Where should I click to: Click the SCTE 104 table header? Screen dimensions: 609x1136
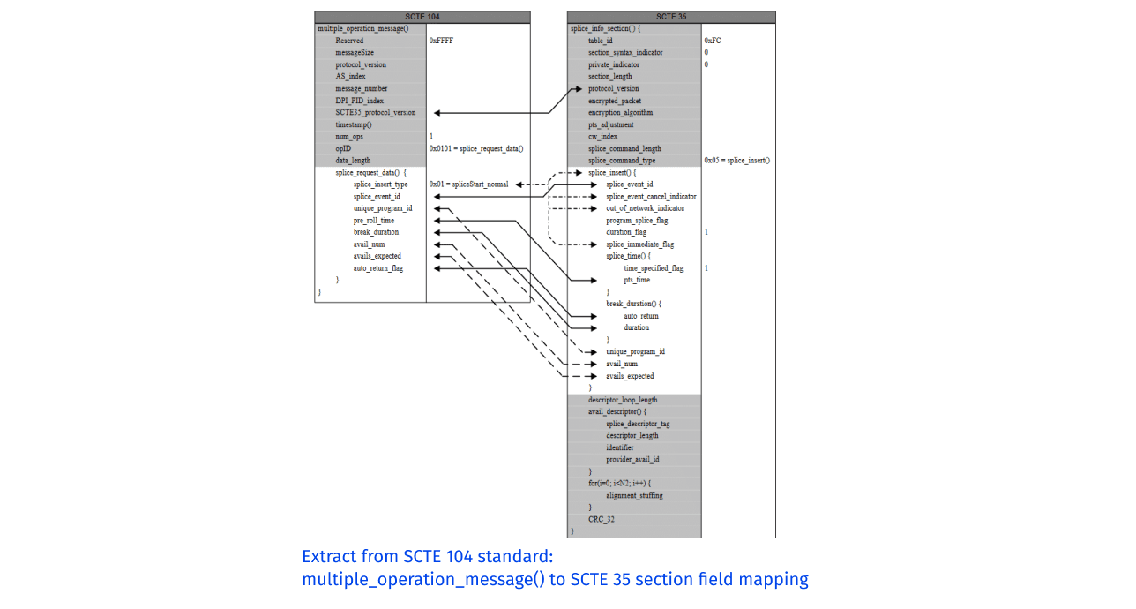click(422, 17)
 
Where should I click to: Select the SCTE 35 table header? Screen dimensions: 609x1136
click(671, 17)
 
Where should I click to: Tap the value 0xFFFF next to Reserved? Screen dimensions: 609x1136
click(442, 41)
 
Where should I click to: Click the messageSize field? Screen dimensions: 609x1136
click(355, 53)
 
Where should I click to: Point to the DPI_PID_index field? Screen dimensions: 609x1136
click(359, 101)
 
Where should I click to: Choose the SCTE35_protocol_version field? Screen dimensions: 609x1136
click(375, 113)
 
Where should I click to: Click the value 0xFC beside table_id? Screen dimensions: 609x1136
click(713, 41)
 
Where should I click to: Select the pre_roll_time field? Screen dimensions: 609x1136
click(374, 221)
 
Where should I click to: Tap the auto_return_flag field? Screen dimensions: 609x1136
click(378, 268)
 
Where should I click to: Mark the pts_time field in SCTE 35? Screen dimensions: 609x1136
click(637, 280)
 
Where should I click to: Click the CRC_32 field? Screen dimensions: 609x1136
click(602, 519)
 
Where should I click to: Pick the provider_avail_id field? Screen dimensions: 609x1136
click(632, 459)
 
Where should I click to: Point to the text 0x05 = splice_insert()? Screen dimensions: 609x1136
click(737, 161)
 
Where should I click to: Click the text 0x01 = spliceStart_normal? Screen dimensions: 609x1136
click(469, 184)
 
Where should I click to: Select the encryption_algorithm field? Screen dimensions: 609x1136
click(621, 113)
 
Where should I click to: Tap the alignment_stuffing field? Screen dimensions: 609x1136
click(634, 495)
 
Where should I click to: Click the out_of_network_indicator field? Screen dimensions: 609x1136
click(645, 208)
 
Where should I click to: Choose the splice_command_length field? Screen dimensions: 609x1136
click(624, 148)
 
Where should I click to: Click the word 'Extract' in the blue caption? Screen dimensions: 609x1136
click(326, 557)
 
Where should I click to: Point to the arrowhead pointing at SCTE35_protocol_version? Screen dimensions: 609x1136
click(438, 113)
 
